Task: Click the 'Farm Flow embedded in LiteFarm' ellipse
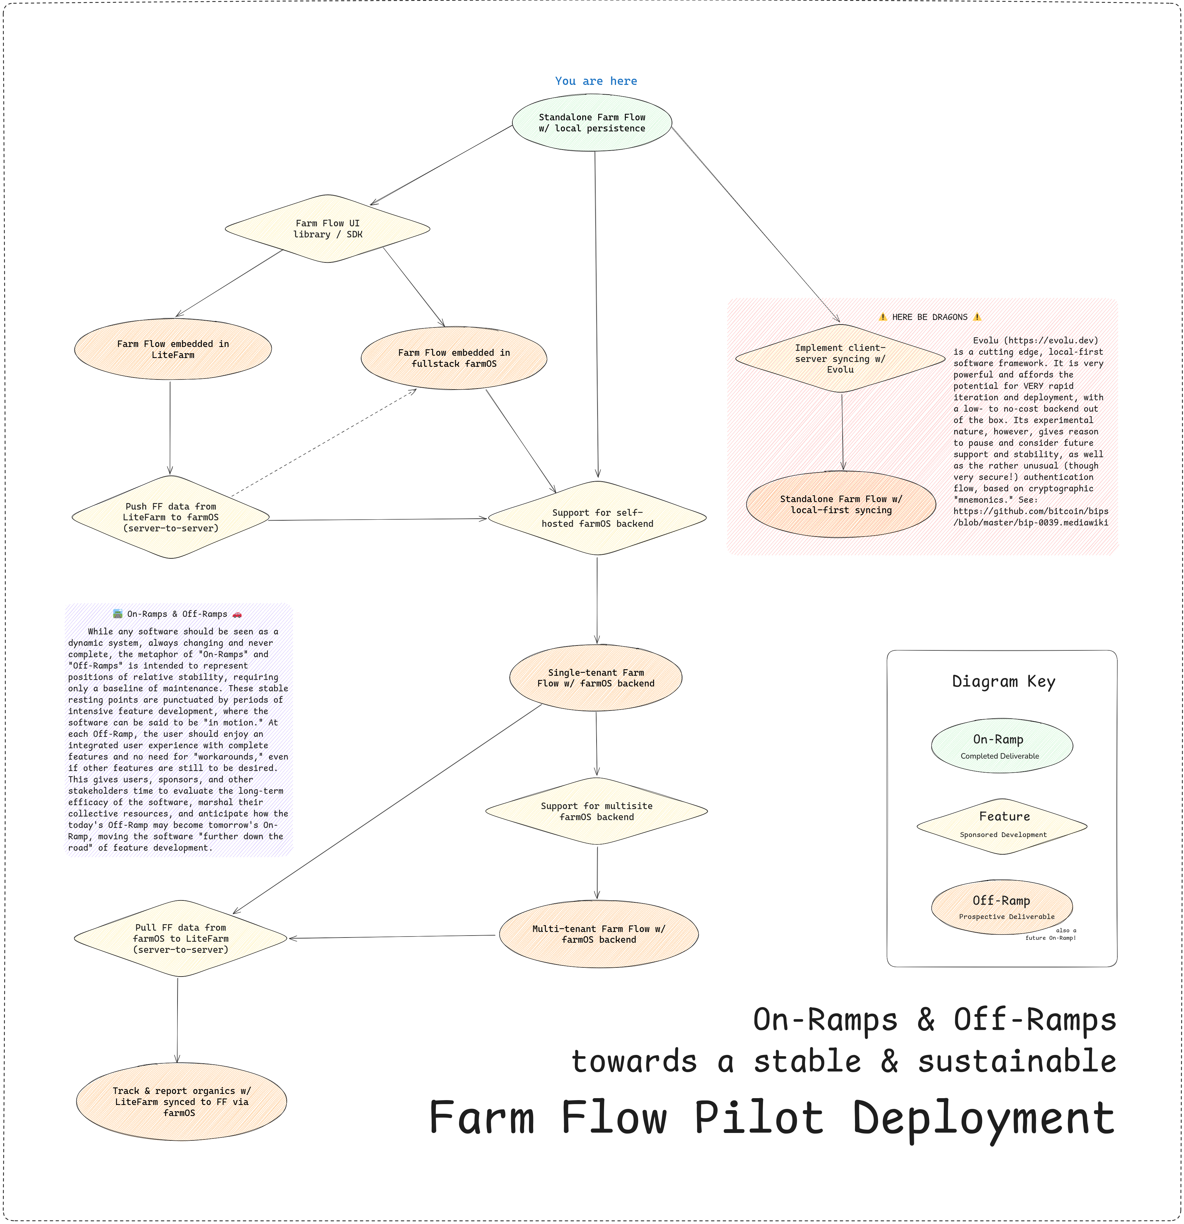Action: click(x=173, y=350)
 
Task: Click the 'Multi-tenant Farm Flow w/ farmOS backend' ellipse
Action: click(x=599, y=934)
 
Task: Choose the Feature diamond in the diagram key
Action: click(x=1002, y=826)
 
